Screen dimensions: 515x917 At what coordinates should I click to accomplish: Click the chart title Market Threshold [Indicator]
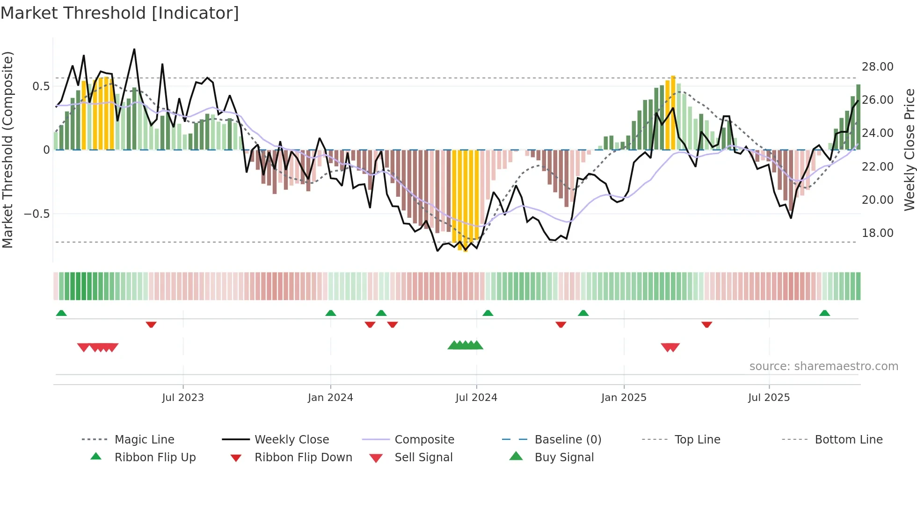point(120,13)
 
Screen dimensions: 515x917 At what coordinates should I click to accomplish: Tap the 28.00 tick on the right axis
point(877,67)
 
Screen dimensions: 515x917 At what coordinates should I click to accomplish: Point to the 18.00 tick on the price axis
point(877,233)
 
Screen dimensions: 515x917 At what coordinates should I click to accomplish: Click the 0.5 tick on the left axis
point(41,86)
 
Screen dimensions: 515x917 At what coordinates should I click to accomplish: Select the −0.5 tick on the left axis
point(36,214)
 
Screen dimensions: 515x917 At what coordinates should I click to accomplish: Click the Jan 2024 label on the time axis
point(330,398)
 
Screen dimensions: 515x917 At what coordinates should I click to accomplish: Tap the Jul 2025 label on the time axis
point(769,398)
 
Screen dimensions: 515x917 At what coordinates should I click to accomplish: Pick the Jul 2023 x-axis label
point(183,398)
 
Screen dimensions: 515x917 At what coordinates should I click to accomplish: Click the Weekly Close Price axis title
point(909,150)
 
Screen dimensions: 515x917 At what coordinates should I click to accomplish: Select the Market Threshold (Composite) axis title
point(7,150)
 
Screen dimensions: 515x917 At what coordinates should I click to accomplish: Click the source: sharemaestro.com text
point(823,366)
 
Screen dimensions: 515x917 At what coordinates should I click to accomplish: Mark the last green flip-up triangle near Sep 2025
point(824,313)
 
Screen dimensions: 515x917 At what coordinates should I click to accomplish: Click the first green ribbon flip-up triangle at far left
point(61,313)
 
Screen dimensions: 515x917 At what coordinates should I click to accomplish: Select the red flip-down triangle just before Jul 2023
point(151,324)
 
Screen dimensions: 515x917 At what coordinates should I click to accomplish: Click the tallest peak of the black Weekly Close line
point(134,49)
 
